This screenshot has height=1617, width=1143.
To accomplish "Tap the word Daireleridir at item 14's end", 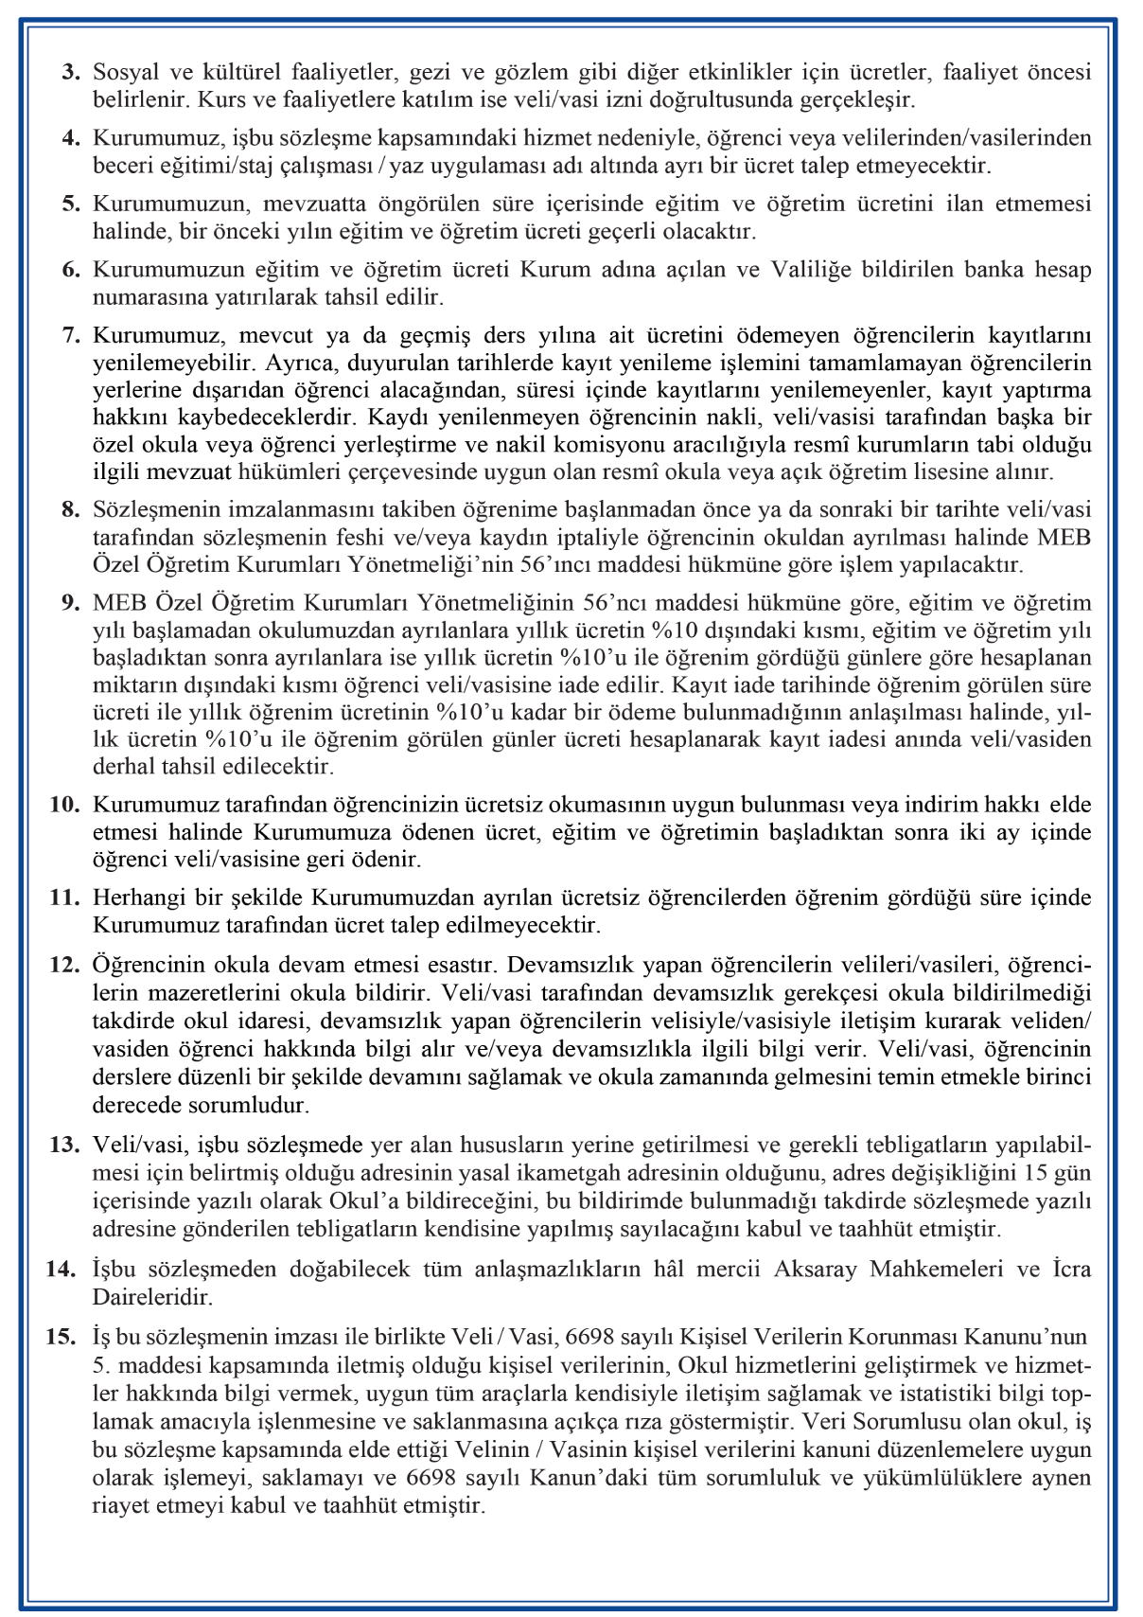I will pos(152,1296).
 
